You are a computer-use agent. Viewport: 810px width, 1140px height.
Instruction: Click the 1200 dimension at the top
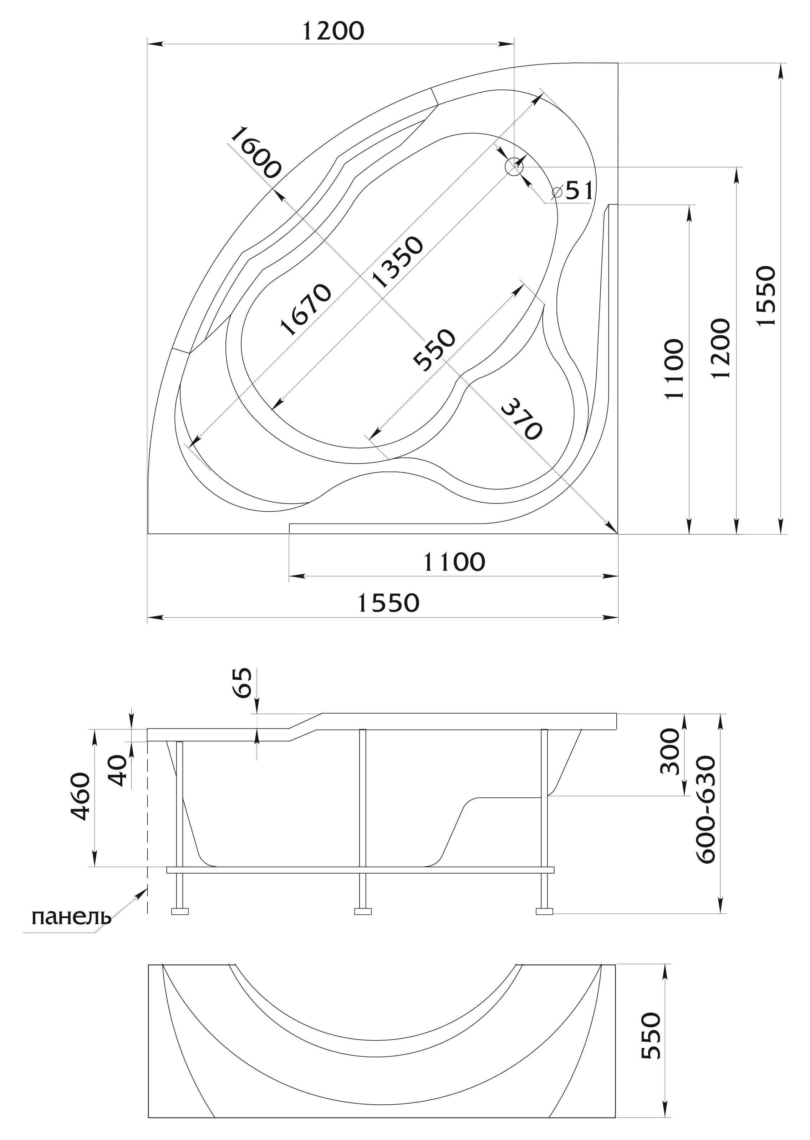333,31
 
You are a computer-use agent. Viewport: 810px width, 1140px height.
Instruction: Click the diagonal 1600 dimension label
256,153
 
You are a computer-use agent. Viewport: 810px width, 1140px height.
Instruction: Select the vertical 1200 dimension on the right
721,349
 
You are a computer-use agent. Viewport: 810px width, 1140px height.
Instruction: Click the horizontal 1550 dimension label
388,603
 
